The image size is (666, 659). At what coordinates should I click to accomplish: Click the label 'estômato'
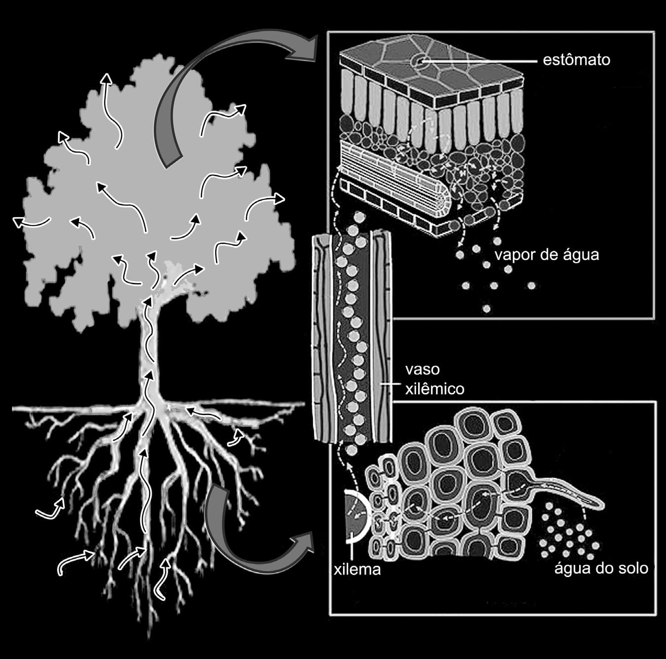click(576, 60)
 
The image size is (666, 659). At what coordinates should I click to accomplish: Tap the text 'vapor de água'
click(547, 255)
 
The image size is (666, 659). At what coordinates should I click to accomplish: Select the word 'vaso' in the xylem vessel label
click(422, 369)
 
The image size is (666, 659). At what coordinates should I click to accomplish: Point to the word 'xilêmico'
click(434, 389)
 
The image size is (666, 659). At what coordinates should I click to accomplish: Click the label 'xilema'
click(357, 570)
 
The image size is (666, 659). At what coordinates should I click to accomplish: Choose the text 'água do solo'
click(601, 569)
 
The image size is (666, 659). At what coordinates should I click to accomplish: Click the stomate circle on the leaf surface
click(419, 62)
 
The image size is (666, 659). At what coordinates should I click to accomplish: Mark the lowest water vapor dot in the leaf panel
click(486, 308)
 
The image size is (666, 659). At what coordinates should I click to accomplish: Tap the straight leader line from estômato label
click(480, 62)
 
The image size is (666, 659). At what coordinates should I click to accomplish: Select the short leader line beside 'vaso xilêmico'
click(388, 384)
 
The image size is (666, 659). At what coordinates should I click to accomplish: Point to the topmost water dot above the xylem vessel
click(359, 218)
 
